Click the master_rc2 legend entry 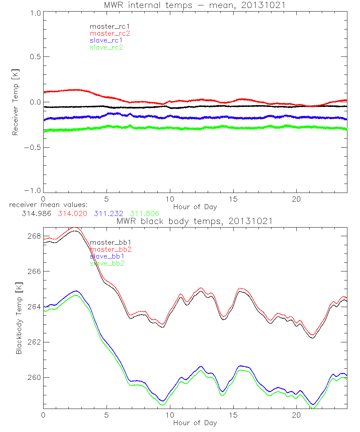[x=109, y=33]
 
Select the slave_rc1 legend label [x=106, y=40]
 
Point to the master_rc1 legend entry [x=109, y=26]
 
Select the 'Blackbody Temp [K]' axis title [x=19, y=320]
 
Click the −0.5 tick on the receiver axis [x=32, y=148]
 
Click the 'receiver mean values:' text [x=46, y=205]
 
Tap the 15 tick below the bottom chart [x=233, y=415]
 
